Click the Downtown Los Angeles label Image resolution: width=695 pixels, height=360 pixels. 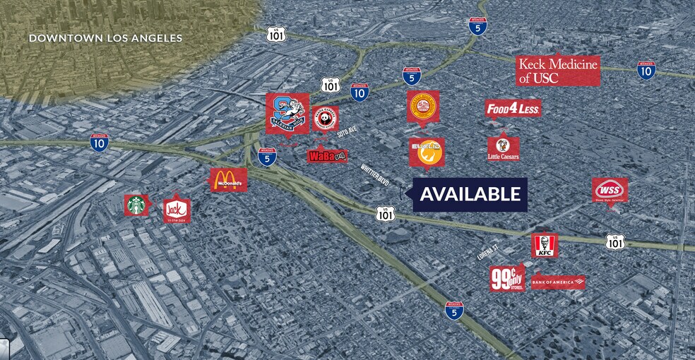coord(105,38)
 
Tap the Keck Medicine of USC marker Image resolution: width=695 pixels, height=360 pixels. coord(558,71)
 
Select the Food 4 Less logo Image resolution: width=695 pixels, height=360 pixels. coord(513,109)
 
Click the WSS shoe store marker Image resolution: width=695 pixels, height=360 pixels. coord(610,190)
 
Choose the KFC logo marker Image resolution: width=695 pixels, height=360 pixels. coord(545,246)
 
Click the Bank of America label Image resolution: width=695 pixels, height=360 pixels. coord(558,282)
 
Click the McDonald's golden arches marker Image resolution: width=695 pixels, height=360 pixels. coord(229,181)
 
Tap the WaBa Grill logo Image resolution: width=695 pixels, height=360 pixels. coord(327,156)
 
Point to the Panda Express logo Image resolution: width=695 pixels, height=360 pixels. coord(326,119)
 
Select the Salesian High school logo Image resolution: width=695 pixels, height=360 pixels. coord(287,112)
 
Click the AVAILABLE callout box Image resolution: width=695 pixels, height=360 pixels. coord(470,194)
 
